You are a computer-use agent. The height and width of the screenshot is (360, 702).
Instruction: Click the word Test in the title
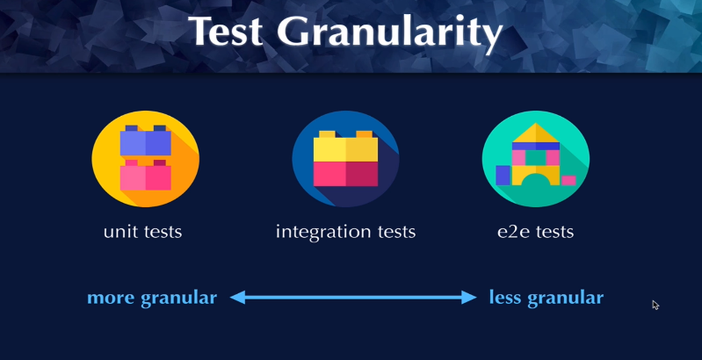pyautogui.click(x=226, y=31)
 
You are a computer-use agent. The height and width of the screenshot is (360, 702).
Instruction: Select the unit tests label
pyautogui.click(x=143, y=232)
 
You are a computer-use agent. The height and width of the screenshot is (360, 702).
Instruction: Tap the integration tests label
pyautogui.click(x=345, y=232)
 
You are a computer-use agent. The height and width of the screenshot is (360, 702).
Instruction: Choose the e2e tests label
pyautogui.click(x=535, y=232)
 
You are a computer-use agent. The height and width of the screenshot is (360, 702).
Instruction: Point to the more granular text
pyautogui.click(x=152, y=298)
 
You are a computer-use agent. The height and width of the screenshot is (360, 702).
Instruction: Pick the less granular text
pyautogui.click(x=546, y=298)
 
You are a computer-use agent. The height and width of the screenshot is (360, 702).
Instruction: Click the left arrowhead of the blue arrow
pyautogui.click(x=238, y=297)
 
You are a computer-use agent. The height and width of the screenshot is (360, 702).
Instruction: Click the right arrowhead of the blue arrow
pyautogui.click(x=469, y=297)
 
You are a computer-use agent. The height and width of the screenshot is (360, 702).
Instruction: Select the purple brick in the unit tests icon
pyautogui.click(x=146, y=140)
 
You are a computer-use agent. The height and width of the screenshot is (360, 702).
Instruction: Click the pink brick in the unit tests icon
pyautogui.click(x=146, y=175)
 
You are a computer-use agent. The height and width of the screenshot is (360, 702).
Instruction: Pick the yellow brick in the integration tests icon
pyautogui.click(x=345, y=147)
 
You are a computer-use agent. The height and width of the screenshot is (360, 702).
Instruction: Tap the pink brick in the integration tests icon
pyautogui.click(x=345, y=174)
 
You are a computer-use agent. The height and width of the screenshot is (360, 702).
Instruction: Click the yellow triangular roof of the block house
pyautogui.click(x=535, y=133)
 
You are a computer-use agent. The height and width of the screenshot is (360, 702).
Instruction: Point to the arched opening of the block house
pyautogui.click(x=535, y=180)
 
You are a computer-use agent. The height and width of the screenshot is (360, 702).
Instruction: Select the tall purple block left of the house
pyautogui.click(x=503, y=176)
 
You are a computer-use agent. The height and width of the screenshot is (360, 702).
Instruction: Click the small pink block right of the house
pyautogui.click(x=568, y=180)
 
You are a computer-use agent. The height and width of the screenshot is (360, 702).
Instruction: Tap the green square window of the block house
pyautogui.click(x=535, y=158)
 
